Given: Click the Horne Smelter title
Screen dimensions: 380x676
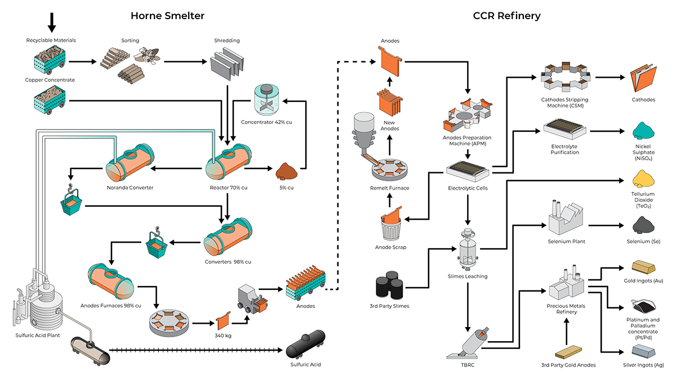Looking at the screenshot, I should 167,16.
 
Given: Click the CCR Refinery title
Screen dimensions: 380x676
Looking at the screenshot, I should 506,16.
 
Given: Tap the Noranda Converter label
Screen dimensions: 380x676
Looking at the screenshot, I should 130,187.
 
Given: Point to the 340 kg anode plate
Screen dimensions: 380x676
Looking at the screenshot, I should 224,323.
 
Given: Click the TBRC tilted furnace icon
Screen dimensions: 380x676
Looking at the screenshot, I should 468,343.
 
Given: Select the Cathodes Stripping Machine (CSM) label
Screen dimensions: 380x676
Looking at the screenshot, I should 566,103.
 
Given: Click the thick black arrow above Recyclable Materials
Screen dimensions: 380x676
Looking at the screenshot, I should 51,21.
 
